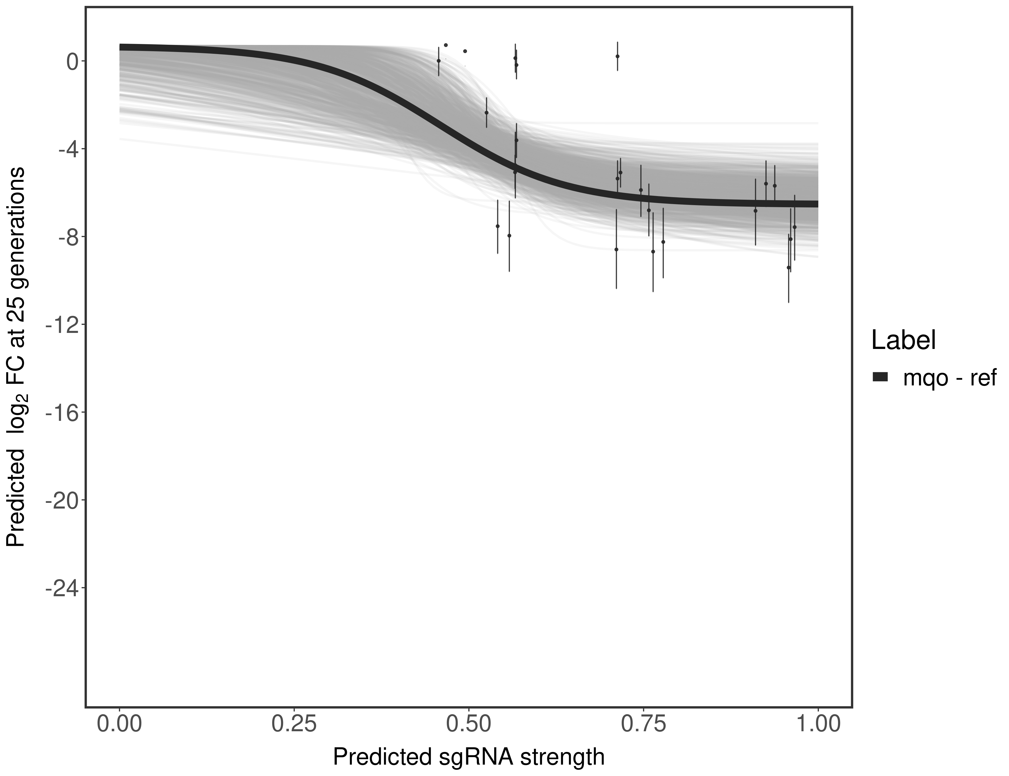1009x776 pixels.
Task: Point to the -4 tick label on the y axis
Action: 66,149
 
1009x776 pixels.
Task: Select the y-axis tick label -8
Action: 66,237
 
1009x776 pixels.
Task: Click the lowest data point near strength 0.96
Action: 789,267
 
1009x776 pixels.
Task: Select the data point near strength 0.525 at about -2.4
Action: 486,112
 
